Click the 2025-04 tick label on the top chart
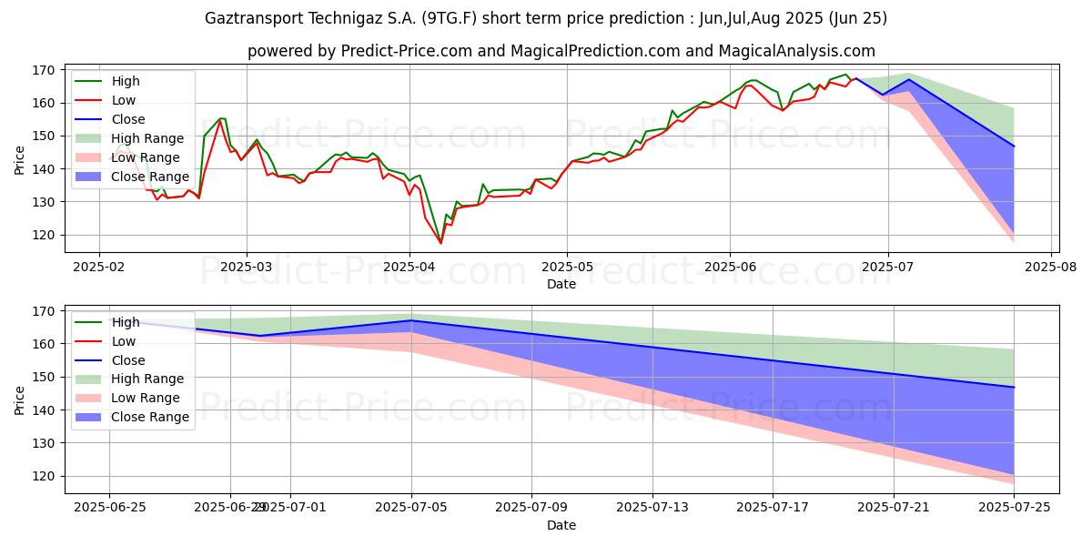point(409,268)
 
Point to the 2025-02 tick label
point(98,268)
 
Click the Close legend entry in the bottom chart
point(128,360)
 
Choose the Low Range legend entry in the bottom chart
point(147,398)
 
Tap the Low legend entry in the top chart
point(124,100)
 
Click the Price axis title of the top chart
point(20,159)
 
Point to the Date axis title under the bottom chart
point(561,525)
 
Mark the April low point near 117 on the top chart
point(440,243)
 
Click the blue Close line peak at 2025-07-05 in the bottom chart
point(411,320)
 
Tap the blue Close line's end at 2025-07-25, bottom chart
point(1014,388)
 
